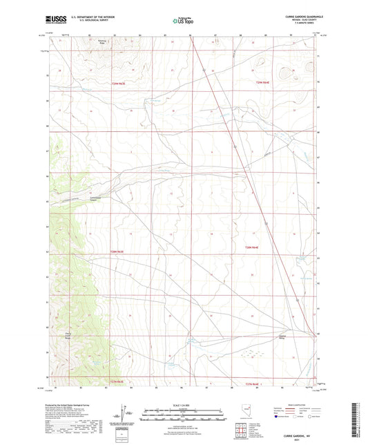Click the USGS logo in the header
point(56,21)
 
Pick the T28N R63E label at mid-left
point(120,252)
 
